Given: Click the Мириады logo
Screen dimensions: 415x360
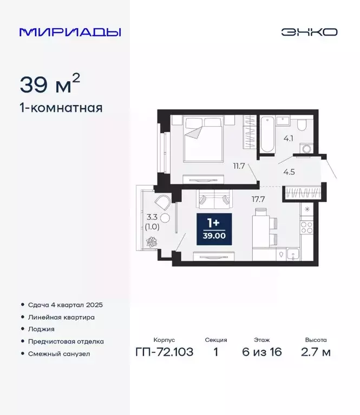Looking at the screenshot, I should click(70, 32).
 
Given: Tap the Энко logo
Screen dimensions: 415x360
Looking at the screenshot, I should click(309, 32).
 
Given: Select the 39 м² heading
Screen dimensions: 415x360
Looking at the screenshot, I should click(50, 84).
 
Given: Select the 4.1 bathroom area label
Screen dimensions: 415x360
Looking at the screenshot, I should click(288, 138).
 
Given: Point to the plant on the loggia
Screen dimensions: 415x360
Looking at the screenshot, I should click(152, 241).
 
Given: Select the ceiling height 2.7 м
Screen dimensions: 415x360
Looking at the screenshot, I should click(316, 352).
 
